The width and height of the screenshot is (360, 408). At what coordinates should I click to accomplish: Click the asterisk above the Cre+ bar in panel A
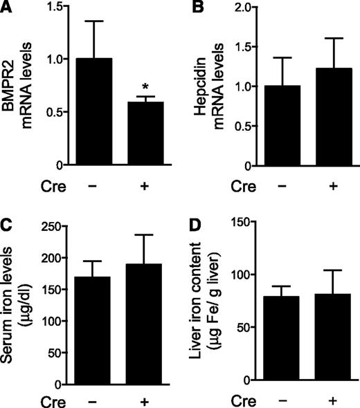point(144,86)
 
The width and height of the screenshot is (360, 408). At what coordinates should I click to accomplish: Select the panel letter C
point(8,225)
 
